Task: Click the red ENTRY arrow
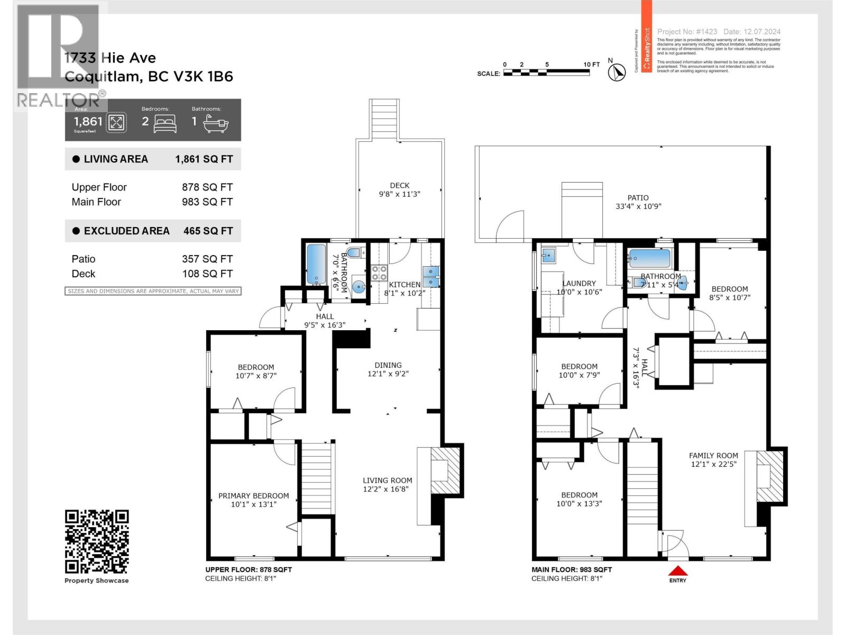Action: pos(678,571)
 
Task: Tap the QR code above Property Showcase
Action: pos(97,541)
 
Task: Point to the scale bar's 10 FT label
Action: pos(591,65)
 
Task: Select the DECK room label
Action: pos(400,185)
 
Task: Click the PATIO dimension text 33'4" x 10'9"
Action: pos(638,206)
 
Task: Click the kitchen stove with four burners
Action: pos(379,273)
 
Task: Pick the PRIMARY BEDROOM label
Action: pos(254,496)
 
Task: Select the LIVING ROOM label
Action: pos(388,480)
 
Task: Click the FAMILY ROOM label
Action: pos(713,455)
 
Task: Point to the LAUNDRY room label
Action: pos(579,283)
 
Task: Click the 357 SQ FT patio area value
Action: pos(207,259)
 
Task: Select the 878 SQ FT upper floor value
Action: pos(207,187)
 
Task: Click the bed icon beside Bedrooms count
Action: pos(165,123)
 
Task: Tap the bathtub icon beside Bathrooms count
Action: pos(217,123)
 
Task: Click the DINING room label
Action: pos(388,365)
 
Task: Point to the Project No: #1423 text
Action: pos(687,32)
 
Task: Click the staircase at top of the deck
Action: pos(384,119)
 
